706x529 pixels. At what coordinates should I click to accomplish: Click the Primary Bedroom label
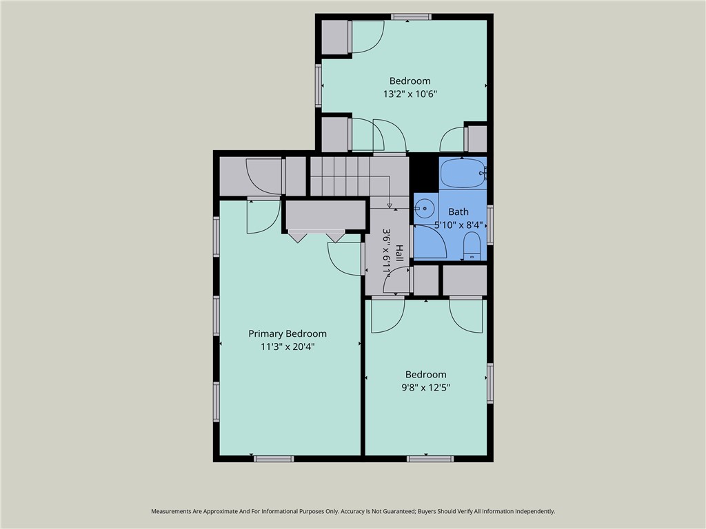[288, 334]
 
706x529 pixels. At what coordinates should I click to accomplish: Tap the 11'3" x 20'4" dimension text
[288, 347]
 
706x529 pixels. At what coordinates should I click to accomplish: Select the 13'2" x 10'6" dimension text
[410, 94]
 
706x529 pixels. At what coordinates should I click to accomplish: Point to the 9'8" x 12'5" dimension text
[426, 387]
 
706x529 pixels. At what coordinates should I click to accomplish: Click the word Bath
[458, 211]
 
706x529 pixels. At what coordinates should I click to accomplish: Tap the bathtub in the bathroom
[463, 173]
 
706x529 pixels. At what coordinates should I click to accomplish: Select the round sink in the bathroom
[425, 208]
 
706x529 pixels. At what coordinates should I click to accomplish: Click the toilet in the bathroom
[472, 246]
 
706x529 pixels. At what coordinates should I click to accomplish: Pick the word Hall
[399, 253]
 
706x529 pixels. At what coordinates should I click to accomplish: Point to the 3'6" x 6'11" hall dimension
[387, 251]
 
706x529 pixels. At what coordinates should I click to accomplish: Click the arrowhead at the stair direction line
[390, 205]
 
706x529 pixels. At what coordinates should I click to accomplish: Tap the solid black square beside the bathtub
[424, 173]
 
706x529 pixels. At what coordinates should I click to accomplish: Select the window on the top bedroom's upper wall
[411, 17]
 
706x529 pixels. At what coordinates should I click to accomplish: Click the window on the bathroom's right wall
[490, 225]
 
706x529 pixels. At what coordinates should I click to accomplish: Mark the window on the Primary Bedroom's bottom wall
[274, 459]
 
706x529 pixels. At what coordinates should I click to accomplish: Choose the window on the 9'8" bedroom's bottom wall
[430, 459]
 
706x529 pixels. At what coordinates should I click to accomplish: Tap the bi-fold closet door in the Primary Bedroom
[316, 236]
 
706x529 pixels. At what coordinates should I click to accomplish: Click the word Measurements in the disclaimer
[172, 512]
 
